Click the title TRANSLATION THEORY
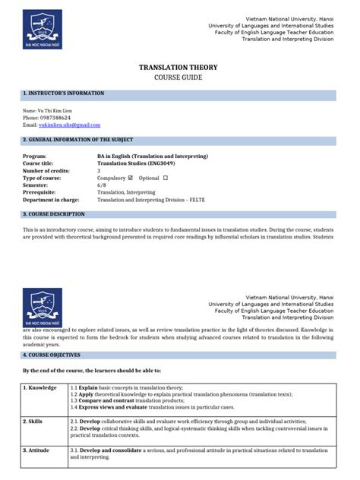click(x=179, y=68)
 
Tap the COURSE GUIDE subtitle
click(x=179, y=78)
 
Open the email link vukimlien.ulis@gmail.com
click(x=69, y=125)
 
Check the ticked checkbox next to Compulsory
click(x=132, y=178)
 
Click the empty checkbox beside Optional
click(x=165, y=178)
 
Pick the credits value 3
click(x=99, y=171)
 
